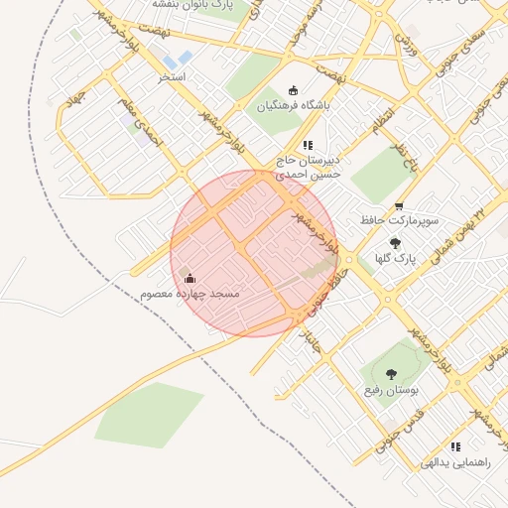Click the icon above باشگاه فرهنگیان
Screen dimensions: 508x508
[293, 90]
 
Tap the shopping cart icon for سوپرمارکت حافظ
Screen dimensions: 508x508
[399, 207]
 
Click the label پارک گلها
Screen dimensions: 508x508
[395, 258]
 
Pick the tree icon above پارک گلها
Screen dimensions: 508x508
[395, 242]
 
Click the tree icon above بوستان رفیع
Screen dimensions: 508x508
[389, 374]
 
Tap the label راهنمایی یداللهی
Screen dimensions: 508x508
[455, 462]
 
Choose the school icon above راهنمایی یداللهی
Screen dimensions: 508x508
[455, 446]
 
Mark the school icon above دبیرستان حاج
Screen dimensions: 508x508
[307, 145]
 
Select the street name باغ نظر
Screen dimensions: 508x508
[401, 157]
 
